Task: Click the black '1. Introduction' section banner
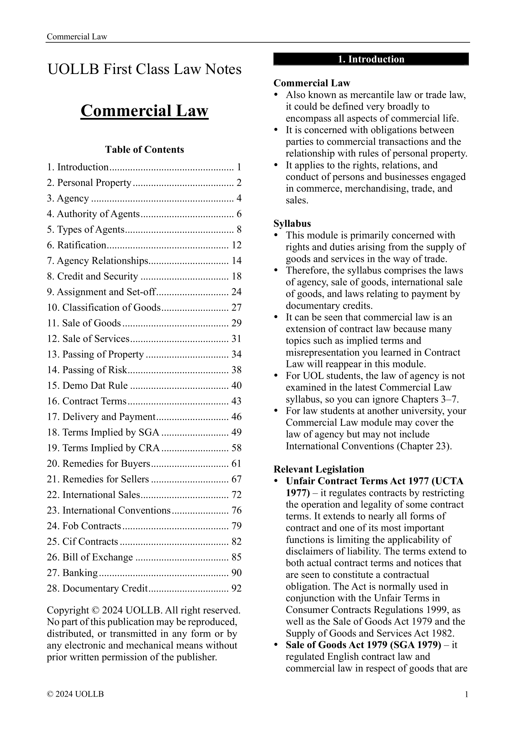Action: [371, 59]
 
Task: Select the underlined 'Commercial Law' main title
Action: [144, 111]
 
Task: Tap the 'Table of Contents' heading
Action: [144, 149]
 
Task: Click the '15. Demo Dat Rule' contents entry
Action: [87, 385]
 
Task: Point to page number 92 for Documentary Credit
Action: [237, 588]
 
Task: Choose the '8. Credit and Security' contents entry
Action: [92, 276]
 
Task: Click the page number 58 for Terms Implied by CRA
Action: [237, 448]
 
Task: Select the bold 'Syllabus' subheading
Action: [292, 223]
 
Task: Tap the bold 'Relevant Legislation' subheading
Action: [319, 469]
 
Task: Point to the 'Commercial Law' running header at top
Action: [77, 37]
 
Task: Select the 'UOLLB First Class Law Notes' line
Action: [144, 69]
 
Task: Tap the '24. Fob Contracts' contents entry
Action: [84, 526]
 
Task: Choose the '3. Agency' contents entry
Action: [68, 198]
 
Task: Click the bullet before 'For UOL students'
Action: [276, 376]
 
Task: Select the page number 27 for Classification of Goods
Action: [237, 307]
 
